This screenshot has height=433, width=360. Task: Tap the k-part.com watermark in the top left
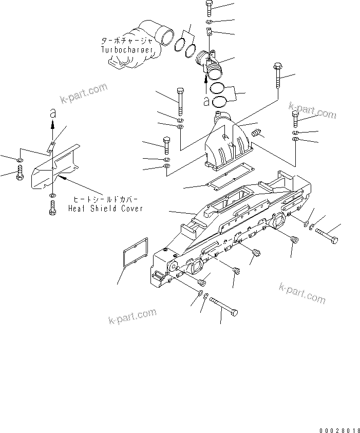pyautogui.click(x=84, y=93)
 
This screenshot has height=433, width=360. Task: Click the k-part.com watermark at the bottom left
pyautogui.click(x=132, y=315)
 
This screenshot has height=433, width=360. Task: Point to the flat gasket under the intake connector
pyautogui.click(x=225, y=180)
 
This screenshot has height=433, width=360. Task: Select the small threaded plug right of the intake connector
pyautogui.click(x=257, y=134)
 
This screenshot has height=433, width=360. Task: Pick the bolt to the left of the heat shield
pyautogui.click(x=20, y=173)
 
